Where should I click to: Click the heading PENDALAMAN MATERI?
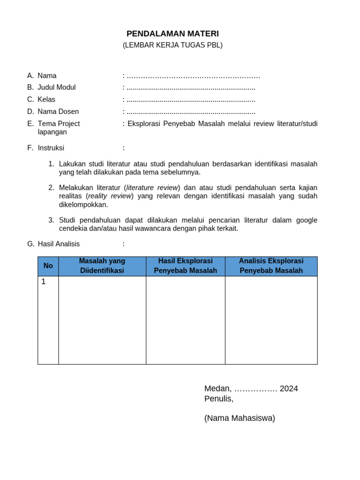[172, 34]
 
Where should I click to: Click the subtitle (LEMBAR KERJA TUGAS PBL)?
[172, 45]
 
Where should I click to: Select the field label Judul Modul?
[56, 87]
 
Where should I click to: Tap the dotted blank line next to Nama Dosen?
[191, 112]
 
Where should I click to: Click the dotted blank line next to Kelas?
[191, 100]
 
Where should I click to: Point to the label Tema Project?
[59, 124]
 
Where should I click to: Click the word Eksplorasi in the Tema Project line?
[143, 124]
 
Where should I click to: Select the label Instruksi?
[51, 148]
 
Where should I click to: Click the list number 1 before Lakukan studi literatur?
[51, 164]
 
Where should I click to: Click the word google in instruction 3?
[307, 220]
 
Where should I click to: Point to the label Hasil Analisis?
[59, 244]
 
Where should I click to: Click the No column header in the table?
[48, 266]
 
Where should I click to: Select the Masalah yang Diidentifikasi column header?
[102, 266]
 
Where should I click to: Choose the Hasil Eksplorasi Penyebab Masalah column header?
[185, 266]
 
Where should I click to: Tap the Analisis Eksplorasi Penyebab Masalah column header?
[271, 266]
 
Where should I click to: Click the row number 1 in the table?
[44, 282]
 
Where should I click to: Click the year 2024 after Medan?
[289, 389]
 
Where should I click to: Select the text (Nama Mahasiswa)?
[240, 418]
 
